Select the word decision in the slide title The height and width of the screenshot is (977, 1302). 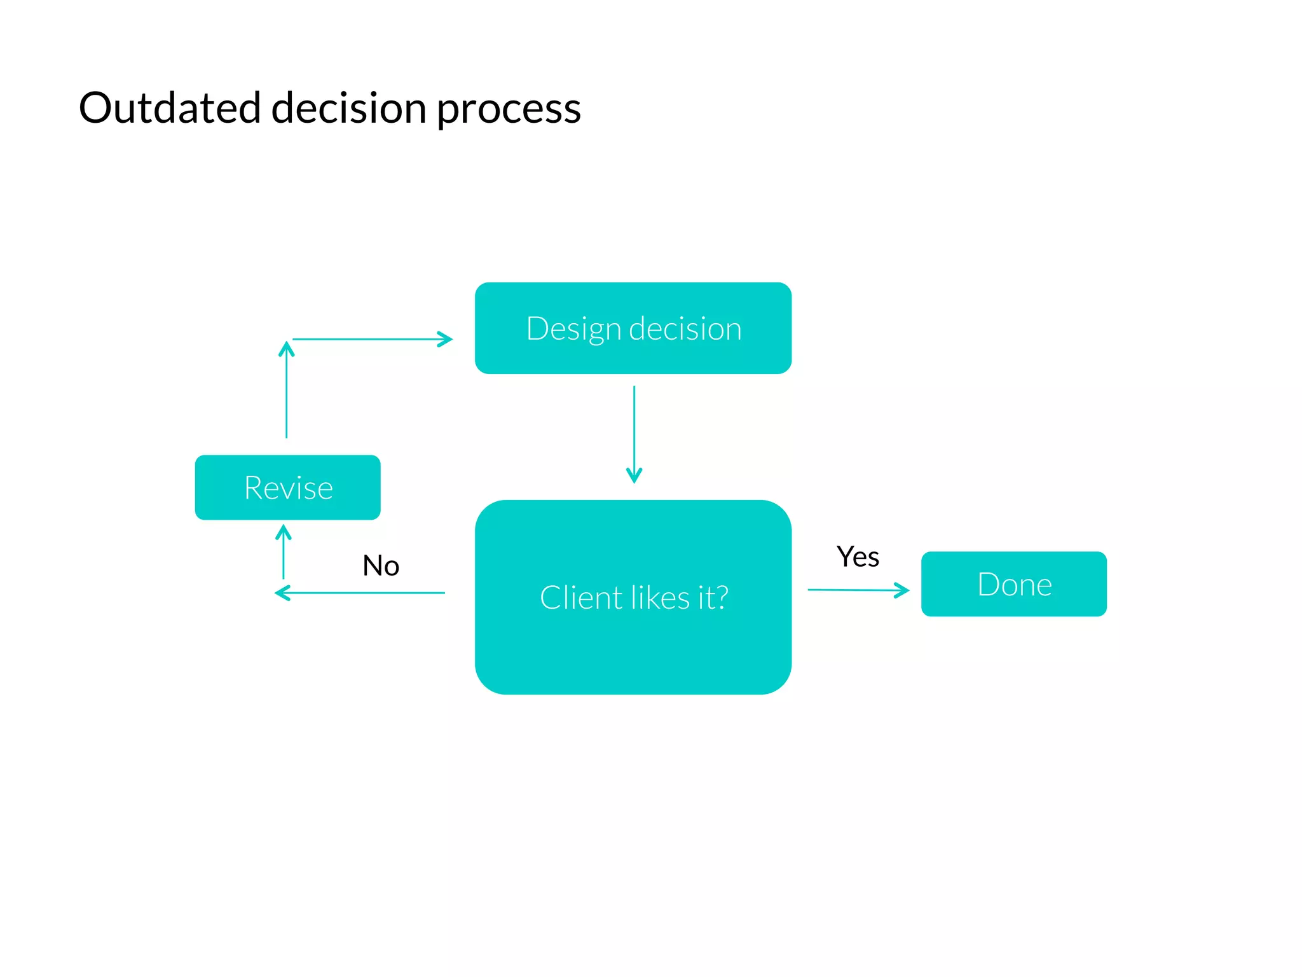348,107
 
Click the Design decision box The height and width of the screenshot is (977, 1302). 633,328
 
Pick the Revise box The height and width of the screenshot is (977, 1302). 287,487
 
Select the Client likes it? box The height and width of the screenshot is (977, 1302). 633,597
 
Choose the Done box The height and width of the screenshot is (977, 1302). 1013,584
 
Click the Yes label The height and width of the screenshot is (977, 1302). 858,557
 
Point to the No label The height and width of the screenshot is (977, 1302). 381,565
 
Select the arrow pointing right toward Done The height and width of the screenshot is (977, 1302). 858,590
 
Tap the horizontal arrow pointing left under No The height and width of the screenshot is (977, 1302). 360,593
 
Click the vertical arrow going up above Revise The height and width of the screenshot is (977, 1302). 287,390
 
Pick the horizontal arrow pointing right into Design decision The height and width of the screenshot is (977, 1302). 372,339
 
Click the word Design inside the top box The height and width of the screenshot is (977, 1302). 573,329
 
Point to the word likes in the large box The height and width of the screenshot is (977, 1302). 661,598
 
